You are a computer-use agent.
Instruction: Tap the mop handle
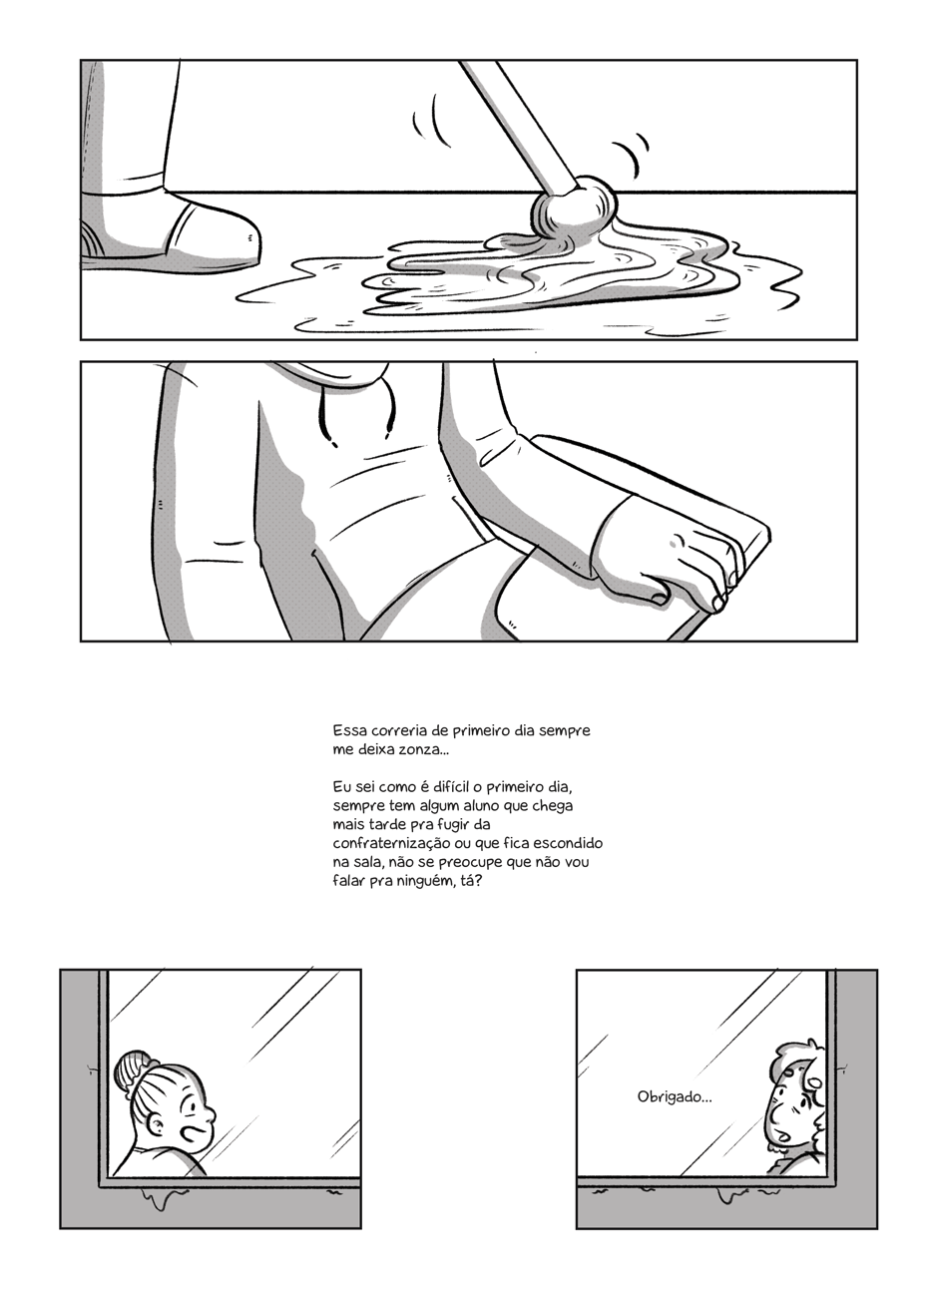pos(518,127)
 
